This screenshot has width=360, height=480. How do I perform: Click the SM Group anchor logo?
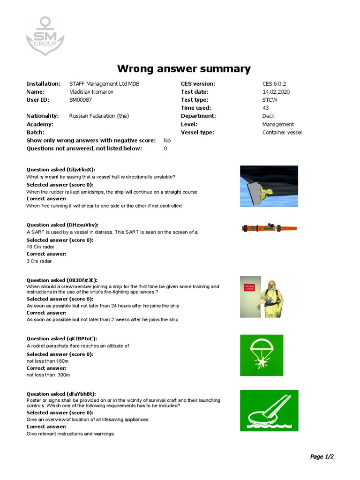pyautogui.click(x=45, y=35)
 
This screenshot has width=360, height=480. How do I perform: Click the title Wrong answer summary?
pyautogui.click(x=184, y=69)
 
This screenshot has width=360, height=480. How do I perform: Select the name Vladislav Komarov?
pyautogui.click(x=91, y=92)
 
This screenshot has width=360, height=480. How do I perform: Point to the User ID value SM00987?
pyautogui.click(x=81, y=100)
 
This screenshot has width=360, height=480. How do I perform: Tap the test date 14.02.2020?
pyautogui.click(x=276, y=92)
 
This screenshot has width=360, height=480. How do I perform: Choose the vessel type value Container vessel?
pyautogui.click(x=282, y=133)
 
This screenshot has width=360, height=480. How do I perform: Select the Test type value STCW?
pyautogui.click(x=270, y=100)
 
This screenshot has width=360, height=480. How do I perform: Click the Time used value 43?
pyautogui.click(x=266, y=108)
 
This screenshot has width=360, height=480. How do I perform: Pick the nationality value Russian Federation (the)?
pyautogui.click(x=98, y=116)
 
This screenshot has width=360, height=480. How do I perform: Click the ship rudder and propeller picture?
pyautogui.click(x=269, y=187)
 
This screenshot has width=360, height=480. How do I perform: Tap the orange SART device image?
pyautogui.click(x=269, y=228)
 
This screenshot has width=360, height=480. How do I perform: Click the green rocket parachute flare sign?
pyautogui.click(x=262, y=355)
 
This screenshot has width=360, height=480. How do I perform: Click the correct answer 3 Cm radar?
pyautogui.click(x=39, y=261)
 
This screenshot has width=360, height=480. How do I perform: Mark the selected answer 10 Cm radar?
pyautogui.click(x=40, y=247)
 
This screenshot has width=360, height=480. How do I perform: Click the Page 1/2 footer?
pyautogui.click(x=322, y=457)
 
